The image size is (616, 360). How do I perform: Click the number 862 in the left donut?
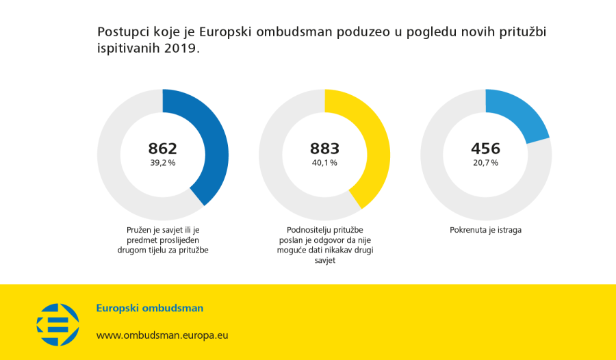tap(162, 149)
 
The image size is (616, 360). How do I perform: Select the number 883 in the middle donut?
tap(324, 149)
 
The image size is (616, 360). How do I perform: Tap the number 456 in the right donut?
tap(485, 149)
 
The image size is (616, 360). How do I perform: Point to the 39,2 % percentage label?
tap(162, 163)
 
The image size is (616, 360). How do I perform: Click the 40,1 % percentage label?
tap(324, 163)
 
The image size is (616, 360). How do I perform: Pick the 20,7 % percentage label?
tap(485, 163)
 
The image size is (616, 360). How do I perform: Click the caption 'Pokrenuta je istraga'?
tap(485, 230)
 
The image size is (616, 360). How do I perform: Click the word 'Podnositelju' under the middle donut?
tap(308, 230)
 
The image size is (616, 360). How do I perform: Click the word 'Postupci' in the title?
tap(121, 32)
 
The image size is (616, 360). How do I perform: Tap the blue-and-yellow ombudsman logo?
tap(57, 324)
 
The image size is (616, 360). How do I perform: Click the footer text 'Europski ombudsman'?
tap(149, 308)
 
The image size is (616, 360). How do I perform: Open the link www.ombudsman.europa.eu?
tap(162, 335)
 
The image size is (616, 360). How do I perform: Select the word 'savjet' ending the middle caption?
tap(324, 261)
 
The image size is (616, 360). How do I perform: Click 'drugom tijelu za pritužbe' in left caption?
tap(162, 250)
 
